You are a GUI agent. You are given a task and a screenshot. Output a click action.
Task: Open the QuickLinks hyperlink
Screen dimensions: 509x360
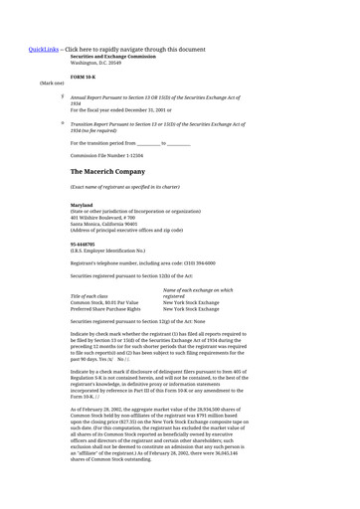click(44, 49)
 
